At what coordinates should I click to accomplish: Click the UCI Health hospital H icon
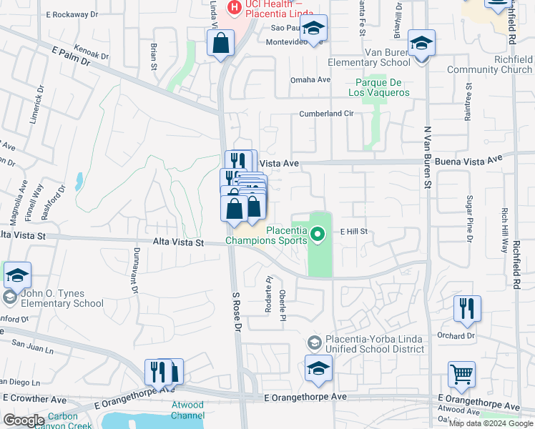[x=233, y=8]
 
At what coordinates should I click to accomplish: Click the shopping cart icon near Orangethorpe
[x=462, y=375]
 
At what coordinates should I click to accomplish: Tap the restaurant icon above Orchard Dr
[x=467, y=308]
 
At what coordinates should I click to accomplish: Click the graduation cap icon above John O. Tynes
[x=17, y=275]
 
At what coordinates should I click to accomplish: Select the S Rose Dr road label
[x=237, y=312]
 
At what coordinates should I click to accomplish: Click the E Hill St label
[x=353, y=232]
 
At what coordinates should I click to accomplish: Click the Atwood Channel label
[x=188, y=410]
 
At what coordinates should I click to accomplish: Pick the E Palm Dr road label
[x=71, y=56]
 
